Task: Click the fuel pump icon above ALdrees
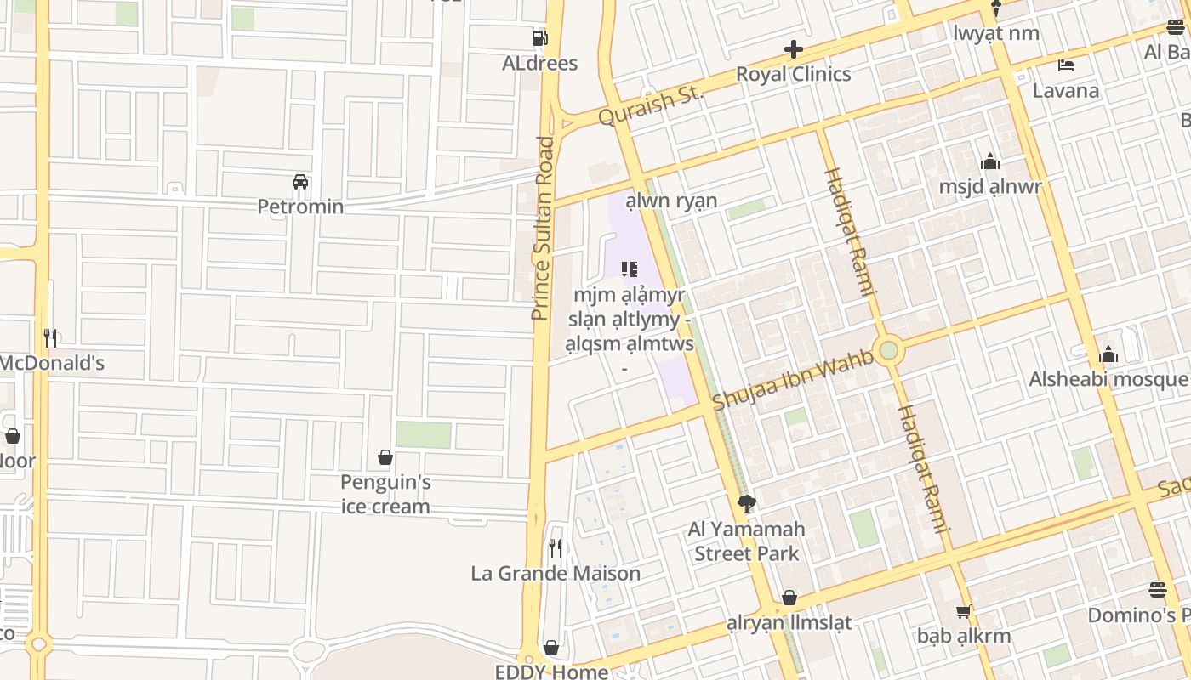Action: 539,38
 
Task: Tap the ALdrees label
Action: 539,64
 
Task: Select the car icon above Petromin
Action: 300,182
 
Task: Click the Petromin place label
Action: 300,207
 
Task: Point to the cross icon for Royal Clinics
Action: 793,49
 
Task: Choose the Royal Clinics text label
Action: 793,74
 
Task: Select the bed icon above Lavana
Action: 1065,65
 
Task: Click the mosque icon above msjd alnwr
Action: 990,161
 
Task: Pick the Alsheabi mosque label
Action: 1108,379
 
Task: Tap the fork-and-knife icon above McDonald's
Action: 51,338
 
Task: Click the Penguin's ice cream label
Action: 385,495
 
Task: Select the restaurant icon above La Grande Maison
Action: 556,548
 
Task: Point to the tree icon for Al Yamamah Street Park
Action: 746,504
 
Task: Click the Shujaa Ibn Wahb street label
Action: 793,380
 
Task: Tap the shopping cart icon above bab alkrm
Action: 964,611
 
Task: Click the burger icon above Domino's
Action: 1157,589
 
